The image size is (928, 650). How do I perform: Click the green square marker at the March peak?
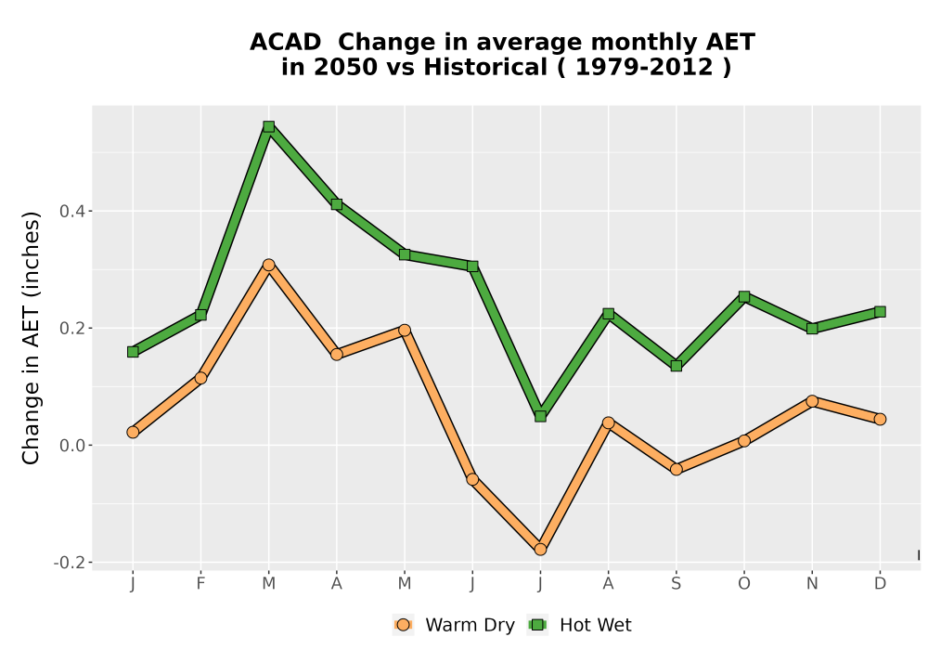click(269, 126)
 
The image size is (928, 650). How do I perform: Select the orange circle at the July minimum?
click(540, 550)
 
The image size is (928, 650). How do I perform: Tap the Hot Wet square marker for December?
click(880, 311)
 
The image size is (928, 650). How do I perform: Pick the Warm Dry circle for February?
click(200, 378)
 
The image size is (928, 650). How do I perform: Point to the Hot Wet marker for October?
click(744, 296)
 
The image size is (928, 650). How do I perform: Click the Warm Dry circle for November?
click(812, 401)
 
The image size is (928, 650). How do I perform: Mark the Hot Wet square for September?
click(676, 366)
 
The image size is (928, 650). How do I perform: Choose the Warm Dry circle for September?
click(676, 469)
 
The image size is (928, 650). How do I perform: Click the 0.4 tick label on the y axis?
click(71, 211)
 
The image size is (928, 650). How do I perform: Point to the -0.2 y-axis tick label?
click(69, 563)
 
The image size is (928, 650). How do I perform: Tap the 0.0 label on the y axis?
click(71, 445)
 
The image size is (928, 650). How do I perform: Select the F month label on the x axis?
click(200, 584)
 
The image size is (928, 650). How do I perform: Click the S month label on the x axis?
click(676, 584)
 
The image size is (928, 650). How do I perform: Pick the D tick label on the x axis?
click(880, 584)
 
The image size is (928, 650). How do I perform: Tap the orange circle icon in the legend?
click(403, 625)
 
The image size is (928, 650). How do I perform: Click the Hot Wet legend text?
click(596, 625)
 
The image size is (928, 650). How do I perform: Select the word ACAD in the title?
click(285, 43)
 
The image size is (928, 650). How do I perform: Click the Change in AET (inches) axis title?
click(31, 337)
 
